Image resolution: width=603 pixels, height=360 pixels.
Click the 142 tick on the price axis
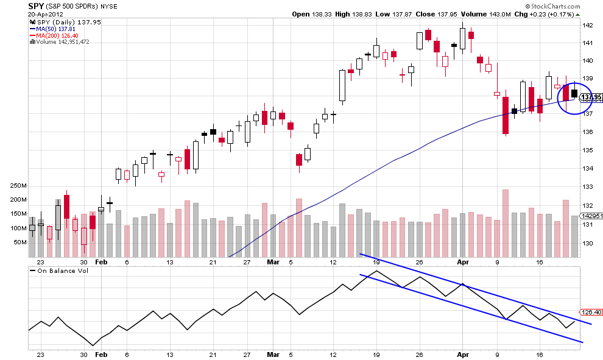588,25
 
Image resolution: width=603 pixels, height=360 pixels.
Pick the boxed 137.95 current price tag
591,97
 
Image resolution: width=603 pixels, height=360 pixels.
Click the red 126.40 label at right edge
591,312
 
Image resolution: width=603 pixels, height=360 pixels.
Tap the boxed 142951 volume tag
591,216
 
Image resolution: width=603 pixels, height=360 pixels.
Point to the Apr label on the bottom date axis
463,353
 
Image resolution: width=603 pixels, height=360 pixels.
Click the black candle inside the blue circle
574,93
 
